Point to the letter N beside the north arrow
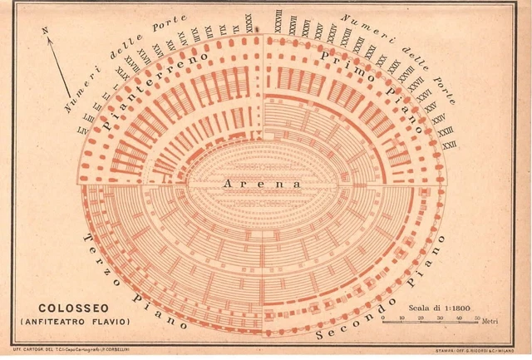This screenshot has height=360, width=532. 47,31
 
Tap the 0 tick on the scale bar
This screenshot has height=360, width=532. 382,318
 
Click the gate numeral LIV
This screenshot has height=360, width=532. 81,131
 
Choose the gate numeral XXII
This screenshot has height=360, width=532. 450,145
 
